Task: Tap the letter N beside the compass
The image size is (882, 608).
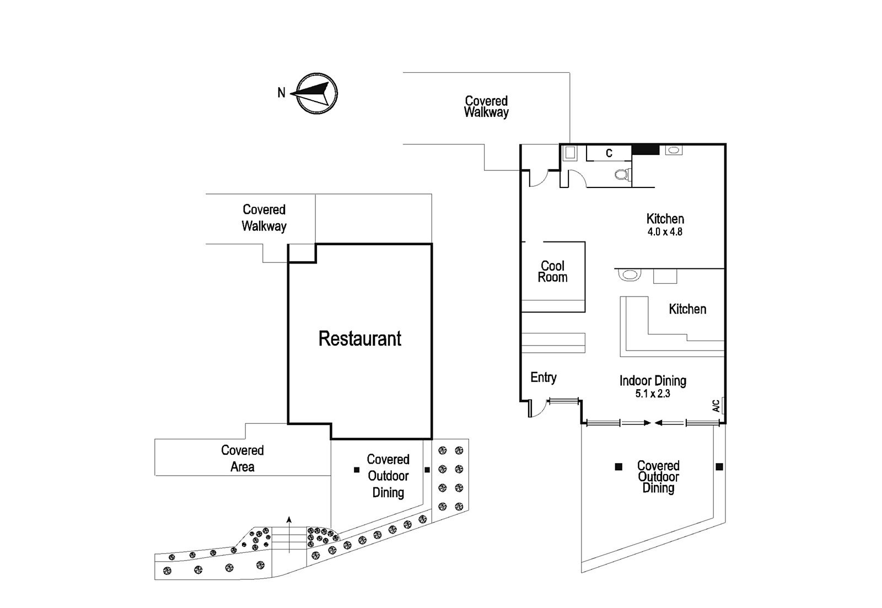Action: [281, 93]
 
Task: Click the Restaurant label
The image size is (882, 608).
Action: [360, 338]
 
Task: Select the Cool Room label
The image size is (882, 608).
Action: [553, 272]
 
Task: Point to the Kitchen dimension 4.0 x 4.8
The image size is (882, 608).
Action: [665, 232]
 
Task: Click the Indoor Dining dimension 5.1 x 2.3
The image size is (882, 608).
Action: [653, 394]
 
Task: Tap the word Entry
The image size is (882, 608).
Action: [544, 378]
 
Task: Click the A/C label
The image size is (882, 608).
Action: [716, 406]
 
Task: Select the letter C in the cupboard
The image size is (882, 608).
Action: [609, 153]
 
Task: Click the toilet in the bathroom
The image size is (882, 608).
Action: [622, 174]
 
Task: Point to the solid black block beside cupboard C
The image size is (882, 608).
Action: [646, 149]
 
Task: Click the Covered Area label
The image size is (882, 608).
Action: [243, 459]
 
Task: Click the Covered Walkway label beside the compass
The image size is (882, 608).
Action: [486, 106]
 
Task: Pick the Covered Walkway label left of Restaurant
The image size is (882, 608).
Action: [264, 218]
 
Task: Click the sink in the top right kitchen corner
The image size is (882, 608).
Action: [673, 150]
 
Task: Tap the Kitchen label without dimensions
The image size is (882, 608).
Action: [687, 309]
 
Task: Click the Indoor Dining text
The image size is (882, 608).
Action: [653, 381]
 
